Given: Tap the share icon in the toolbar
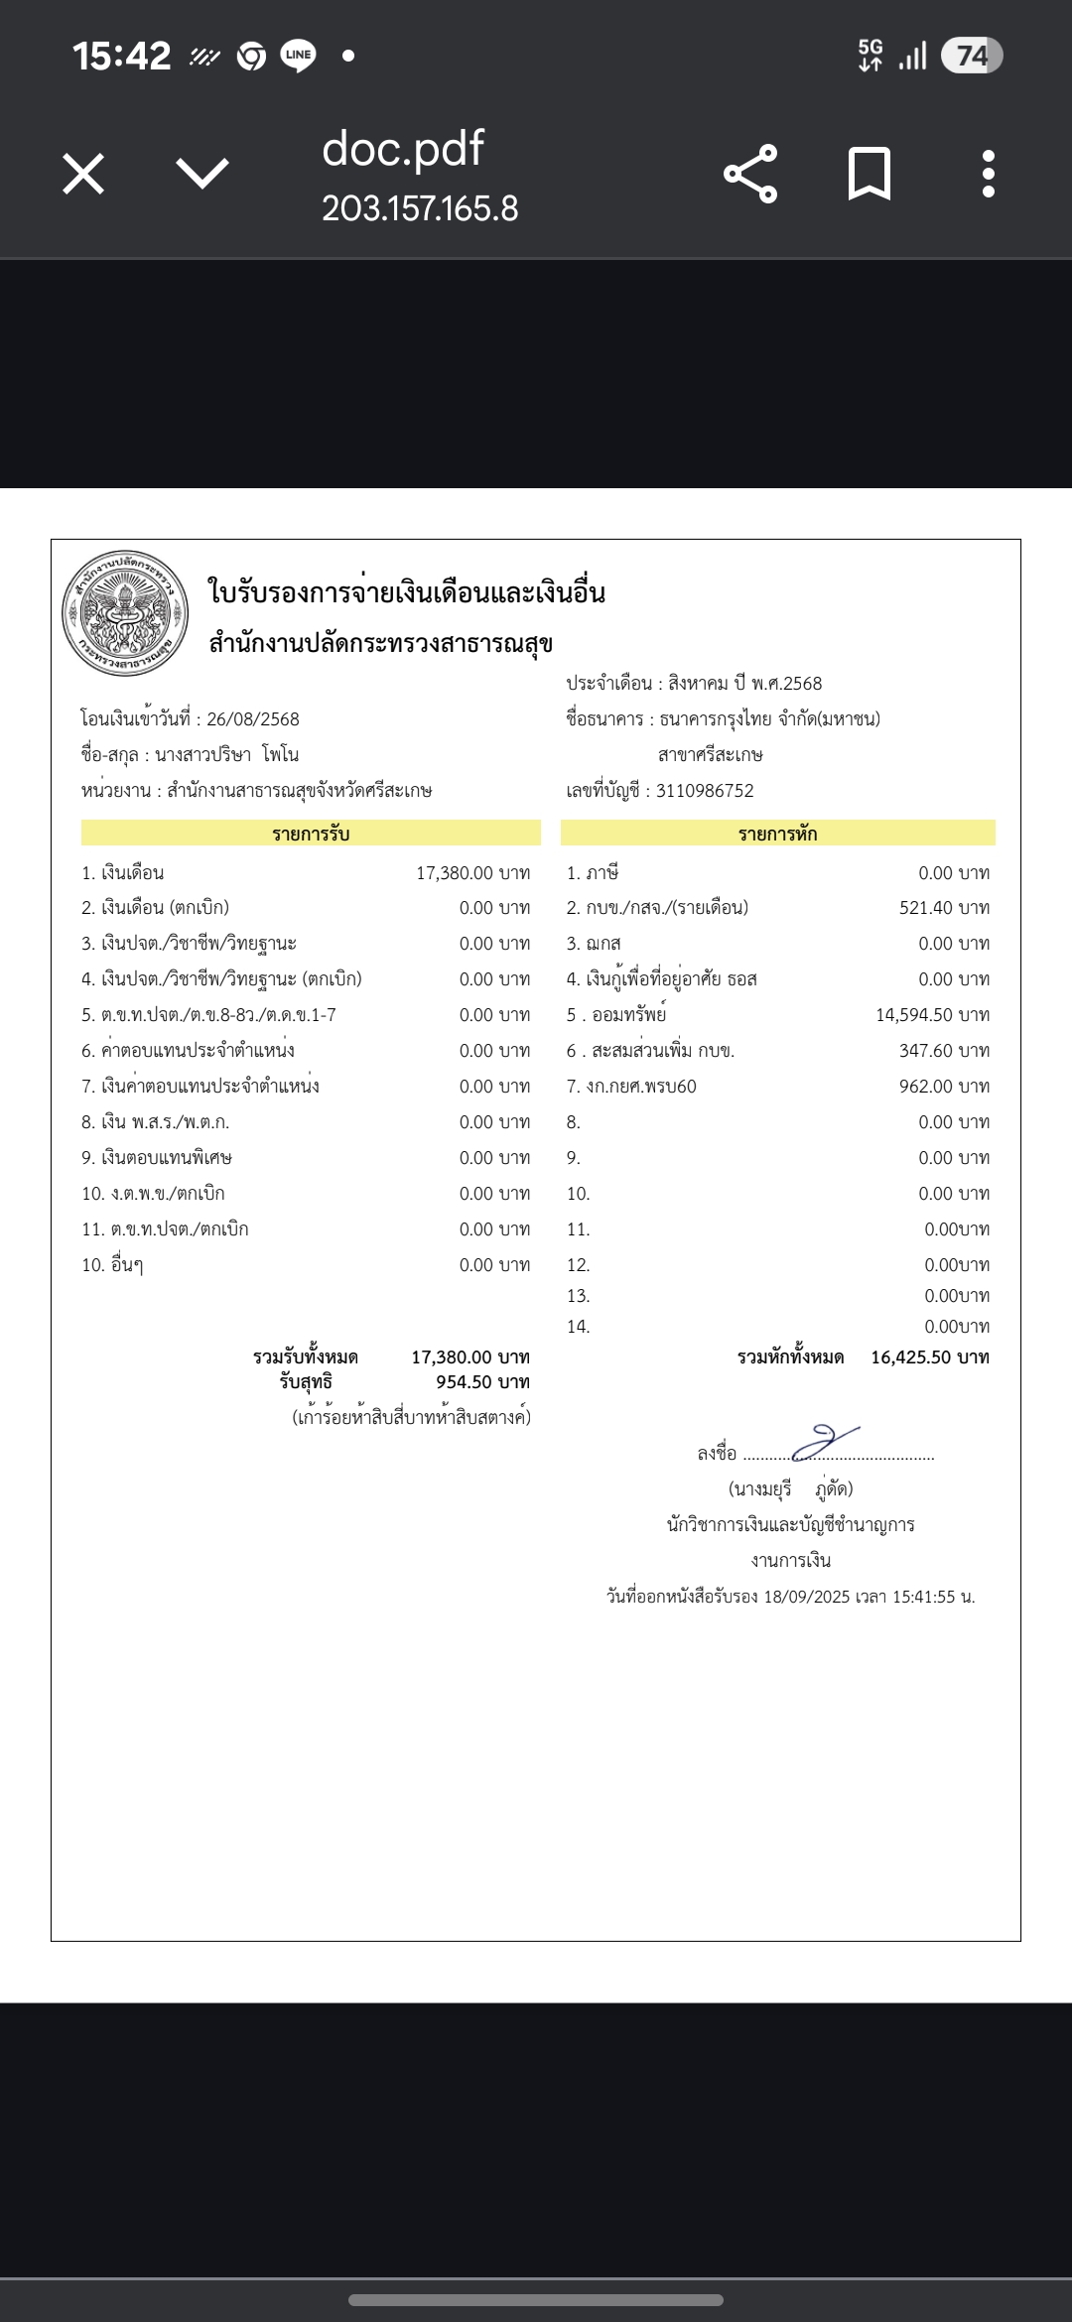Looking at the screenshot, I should click(750, 175).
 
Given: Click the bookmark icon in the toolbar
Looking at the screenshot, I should click(870, 175).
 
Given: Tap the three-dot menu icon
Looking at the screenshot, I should click(988, 175).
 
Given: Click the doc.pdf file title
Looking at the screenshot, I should click(402, 149).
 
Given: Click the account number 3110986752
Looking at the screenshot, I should click(705, 791).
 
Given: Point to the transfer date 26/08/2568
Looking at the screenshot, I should click(252, 719).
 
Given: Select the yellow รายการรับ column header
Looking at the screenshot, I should click(311, 834).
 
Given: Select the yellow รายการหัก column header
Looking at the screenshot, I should click(777, 834).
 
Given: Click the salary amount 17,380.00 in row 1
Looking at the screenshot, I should click(455, 873).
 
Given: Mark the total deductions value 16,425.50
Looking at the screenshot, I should click(911, 1357).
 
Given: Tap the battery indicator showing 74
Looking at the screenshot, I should click(972, 56).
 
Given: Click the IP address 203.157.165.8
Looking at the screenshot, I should click(420, 208).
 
